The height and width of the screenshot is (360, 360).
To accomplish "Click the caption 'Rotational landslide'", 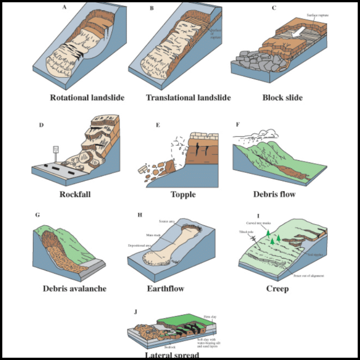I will tap(87, 98).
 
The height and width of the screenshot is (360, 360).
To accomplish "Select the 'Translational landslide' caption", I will tap(188, 98).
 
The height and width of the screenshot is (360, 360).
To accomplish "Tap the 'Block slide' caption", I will tap(282, 98).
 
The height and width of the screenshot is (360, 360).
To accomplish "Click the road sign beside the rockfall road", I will tap(56, 150).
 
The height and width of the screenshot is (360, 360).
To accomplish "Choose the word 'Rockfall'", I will tap(75, 194).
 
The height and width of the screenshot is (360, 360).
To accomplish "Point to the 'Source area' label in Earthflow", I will tap(167, 220).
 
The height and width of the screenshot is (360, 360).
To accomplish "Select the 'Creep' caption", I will tap(277, 288).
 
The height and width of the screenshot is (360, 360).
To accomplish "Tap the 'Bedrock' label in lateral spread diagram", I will tap(170, 347).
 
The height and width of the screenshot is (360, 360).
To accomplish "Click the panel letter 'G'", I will tap(37, 215).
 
